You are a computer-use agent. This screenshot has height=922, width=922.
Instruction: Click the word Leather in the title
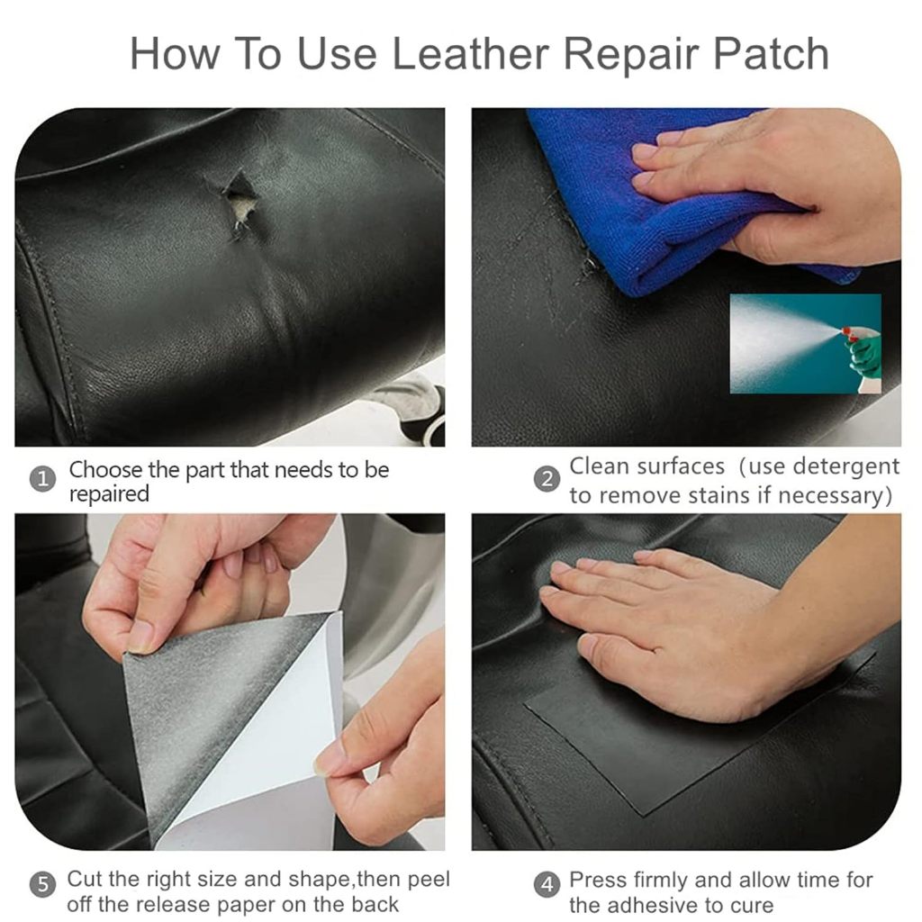(470, 53)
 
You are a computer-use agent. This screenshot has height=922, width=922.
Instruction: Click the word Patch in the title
(771, 53)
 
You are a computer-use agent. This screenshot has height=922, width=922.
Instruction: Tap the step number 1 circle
(42, 479)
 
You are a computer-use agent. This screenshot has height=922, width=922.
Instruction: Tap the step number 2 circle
(547, 479)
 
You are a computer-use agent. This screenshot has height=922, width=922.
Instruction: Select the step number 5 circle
(42, 884)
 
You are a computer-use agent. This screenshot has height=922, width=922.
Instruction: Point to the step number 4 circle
(547, 884)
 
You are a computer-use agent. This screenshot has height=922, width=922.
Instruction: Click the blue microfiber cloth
(658, 206)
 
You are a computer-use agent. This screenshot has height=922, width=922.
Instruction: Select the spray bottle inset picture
(806, 343)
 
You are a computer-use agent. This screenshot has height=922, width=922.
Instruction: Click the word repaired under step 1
(109, 494)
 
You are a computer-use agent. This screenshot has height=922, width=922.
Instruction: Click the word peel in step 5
(429, 881)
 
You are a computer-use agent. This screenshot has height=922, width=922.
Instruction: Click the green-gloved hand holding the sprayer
(863, 353)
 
